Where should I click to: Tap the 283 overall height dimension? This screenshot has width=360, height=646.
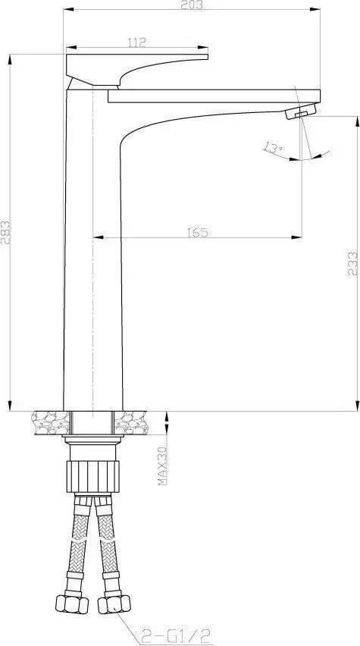pos(6,230)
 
